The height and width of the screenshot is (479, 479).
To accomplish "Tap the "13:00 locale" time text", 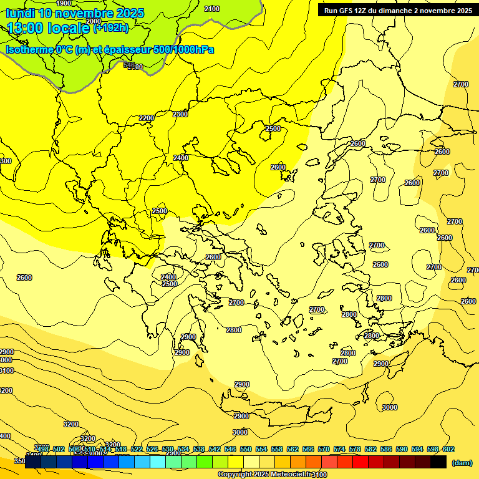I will (x=49, y=28).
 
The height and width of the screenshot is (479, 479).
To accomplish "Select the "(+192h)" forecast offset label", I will (x=111, y=28).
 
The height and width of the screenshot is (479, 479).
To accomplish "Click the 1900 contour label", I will (x=64, y=3).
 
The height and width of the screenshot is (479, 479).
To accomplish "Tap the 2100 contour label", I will (x=212, y=9).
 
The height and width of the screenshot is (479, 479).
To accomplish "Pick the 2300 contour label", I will (x=180, y=114).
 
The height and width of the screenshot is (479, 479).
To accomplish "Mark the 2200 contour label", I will (x=147, y=118).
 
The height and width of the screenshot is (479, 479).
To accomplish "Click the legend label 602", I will (x=448, y=449).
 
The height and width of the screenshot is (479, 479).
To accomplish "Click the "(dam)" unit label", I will (x=462, y=462).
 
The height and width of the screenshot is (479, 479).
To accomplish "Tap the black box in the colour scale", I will (x=438, y=462).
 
